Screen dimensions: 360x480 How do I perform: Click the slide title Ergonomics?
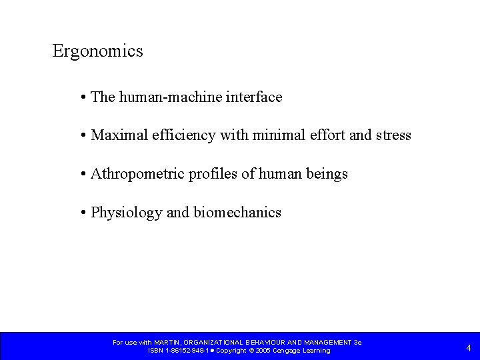tap(97, 51)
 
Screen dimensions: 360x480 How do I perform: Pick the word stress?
tap(393, 136)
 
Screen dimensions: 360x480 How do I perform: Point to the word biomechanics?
tap(237, 213)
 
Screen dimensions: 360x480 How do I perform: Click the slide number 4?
tap(469, 347)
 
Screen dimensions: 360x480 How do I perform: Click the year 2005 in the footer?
tap(261, 351)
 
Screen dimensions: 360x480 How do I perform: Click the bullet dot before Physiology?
tap(82, 213)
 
